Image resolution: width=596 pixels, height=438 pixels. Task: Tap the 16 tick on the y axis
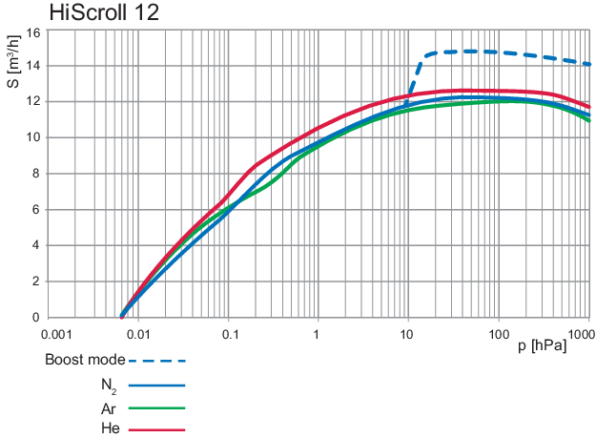(x=33, y=31)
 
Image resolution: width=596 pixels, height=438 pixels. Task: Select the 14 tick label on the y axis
(x=33, y=66)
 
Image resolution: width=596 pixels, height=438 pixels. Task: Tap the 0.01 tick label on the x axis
(x=140, y=335)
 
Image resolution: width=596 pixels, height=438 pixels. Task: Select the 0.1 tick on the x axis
(x=229, y=335)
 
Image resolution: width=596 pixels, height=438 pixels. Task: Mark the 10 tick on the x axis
(x=408, y=335)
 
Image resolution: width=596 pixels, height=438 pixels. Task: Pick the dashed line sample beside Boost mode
(x=156, y=362)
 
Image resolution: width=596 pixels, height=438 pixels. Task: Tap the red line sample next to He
(x=156, y=430)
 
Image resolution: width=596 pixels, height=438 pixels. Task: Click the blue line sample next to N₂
(x=156, y=386)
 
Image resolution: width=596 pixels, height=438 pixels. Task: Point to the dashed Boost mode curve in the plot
(x=496, y=52)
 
